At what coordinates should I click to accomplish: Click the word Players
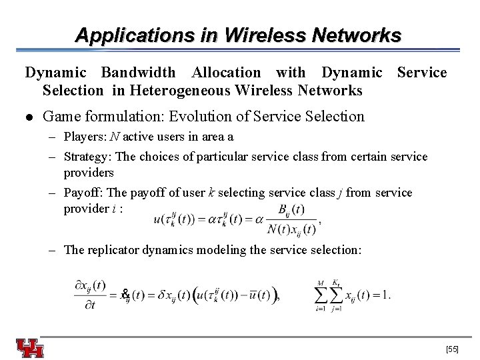pyautogui.click(x=81, y=137)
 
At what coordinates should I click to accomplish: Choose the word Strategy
pyautogui.click(x=85, y=157)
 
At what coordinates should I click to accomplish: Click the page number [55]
pyautogui.click(x=452, y=349)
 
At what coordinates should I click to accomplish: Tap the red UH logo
pyautogui.click(x=30, y=349)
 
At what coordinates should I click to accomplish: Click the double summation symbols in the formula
pyautogui.click(x=327, y=294)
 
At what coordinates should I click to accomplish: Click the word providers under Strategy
pyautogui.click(x=89, y=173)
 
